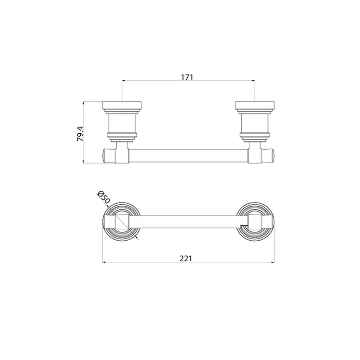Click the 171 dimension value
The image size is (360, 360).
[187, 77]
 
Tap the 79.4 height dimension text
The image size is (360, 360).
[80, 134]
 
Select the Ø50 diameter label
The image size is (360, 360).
[104, 197]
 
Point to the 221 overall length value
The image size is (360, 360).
[186, 259]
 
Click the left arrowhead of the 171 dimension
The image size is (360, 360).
[123, 81]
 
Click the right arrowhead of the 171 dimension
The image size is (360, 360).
[253, 81]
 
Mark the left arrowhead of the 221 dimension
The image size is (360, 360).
[104, 262]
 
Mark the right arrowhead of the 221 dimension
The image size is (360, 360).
[273, 262]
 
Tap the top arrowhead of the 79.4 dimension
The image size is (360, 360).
[83, 103]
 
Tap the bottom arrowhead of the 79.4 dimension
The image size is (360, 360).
[83, 161]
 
